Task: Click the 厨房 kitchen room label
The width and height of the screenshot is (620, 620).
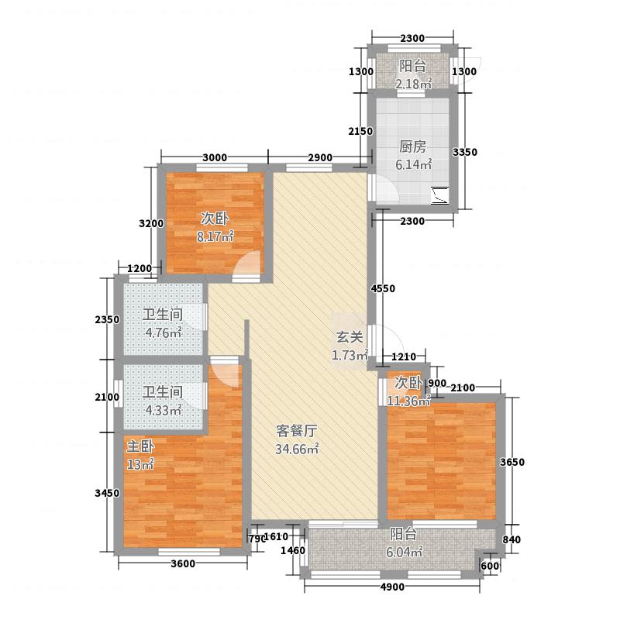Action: click(412, 147)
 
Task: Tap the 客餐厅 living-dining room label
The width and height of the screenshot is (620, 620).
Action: click(296, 431)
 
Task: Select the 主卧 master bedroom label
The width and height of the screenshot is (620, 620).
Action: click(140, 446)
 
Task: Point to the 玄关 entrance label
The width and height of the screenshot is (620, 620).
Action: click(350, 337)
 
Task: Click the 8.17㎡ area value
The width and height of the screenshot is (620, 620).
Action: click(215, 236)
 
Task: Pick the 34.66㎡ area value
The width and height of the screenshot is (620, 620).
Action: click(297, 449)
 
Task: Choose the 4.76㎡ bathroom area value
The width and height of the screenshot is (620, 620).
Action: click(164, 332)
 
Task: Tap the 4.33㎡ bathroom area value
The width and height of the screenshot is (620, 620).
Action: click(164, 410)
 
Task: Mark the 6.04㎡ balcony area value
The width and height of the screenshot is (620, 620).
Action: click(404, 552)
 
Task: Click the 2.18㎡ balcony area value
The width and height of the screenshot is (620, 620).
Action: click(414, 84)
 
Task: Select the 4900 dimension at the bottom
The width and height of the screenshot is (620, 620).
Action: click(392, 587)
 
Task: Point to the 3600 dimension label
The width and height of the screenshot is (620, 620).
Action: click(183, 563)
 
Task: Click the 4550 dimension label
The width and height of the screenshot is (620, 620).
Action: click(383, 288)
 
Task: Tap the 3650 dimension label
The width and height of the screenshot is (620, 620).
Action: click(512, 462)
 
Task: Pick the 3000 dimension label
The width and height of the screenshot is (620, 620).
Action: click(215, 157)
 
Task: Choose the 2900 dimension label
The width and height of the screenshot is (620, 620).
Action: click(320, 157)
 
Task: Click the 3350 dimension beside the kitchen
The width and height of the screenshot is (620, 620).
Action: click(464, 152)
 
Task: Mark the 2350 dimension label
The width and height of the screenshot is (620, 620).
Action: click(107, 319)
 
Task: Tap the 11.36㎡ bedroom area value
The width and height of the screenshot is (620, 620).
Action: click(408, 401)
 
